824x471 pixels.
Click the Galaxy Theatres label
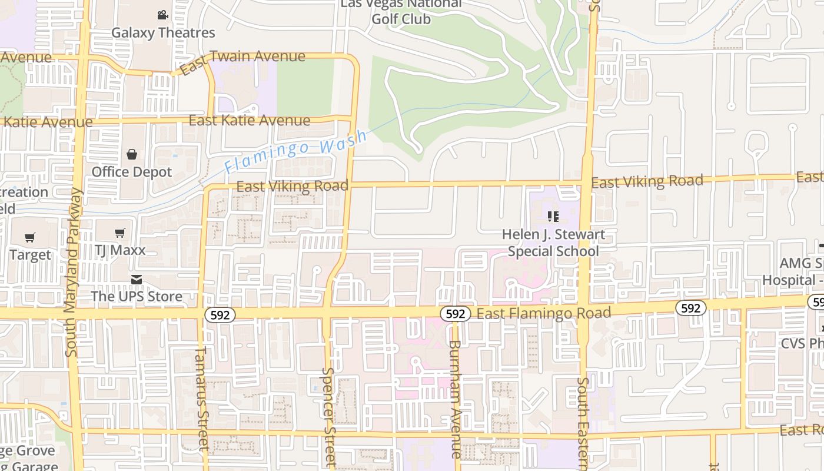pos(163,32)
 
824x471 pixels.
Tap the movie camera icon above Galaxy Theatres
pos(163,15)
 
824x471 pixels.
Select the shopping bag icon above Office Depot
pos(132,154)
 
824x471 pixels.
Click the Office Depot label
pos(132,172)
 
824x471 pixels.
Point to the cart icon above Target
pos(30,238)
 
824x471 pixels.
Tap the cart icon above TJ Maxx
pos(120,233)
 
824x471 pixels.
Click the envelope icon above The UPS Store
pos(137,279)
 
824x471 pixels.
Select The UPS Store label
pos(137,296)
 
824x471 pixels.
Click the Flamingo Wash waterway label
pos(296,151)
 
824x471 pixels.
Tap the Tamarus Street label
pos(202,399)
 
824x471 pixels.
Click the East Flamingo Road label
pos(543,313)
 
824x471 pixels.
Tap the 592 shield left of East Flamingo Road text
pos(456,314)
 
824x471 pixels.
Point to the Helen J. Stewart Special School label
pos(553,243)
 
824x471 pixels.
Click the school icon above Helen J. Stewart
pos(553,217)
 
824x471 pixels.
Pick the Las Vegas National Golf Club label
pos(401,11)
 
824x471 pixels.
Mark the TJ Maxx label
pos(120,250)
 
